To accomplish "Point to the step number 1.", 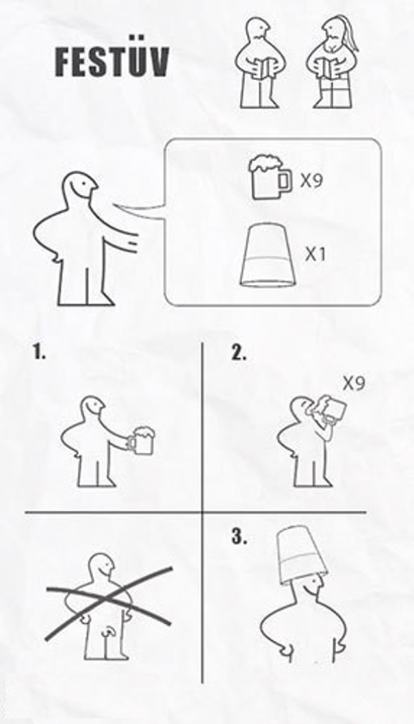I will click(39, 353).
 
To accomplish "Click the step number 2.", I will click(239, 353).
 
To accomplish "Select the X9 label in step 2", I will click(353, 384).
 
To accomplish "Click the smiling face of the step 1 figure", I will click(95, 408).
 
